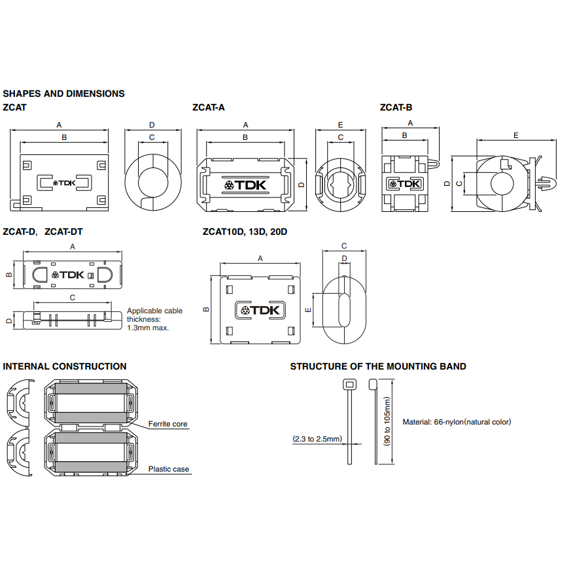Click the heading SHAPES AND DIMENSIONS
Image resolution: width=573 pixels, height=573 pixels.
(63, 94)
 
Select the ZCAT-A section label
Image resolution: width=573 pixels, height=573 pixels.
(209, 107)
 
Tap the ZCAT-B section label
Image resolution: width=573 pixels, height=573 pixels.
(396, 107)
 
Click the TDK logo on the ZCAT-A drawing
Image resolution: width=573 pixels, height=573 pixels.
(246, 186)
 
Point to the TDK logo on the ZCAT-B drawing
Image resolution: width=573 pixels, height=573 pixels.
(404, 184)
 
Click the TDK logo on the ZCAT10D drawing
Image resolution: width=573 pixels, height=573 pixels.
(260, 310)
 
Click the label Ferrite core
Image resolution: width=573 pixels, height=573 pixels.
(167, 425)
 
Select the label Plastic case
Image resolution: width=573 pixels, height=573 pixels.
(168, 469)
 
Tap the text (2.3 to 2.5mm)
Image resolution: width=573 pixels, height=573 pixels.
(317, 439)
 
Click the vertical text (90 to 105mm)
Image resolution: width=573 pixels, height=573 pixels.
(387, 424)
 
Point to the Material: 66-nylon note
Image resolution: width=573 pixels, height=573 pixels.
(457, 422)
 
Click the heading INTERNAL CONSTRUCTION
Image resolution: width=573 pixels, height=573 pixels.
(65, 366)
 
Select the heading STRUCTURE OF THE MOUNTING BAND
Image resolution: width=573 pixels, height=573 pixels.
(378, 366)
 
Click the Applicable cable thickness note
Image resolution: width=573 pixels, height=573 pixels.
(154, 319)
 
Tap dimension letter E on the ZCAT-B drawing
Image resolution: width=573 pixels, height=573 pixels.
(516, 135)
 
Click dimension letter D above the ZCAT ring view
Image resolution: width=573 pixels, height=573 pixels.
(152, 124)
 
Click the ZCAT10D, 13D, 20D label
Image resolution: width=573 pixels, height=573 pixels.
(245, 232)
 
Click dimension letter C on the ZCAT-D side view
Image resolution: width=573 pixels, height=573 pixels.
(73, 298)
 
